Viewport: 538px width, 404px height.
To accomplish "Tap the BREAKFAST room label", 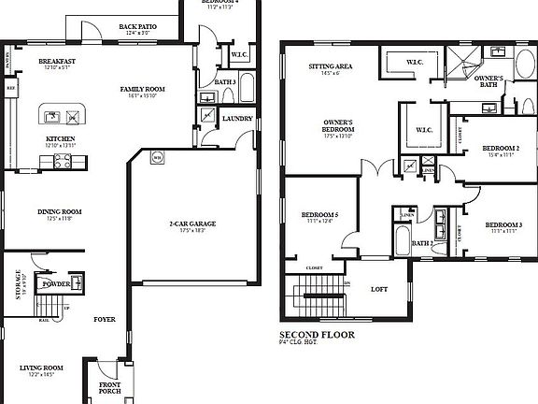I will coord(57,61).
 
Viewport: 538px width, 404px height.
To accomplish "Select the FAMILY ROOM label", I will coord(143,89).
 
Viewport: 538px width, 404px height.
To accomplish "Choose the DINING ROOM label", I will coord(60,211).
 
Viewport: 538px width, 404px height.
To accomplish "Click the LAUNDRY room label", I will coord(237,118).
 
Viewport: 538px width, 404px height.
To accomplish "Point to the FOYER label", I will coord(105,319).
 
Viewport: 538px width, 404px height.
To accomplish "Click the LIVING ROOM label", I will coord(40,368).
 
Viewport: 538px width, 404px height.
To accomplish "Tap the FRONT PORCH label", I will coord(110,388).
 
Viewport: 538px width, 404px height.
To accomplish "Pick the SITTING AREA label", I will coord(331,67).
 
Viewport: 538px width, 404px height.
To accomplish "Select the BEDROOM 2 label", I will coord(502,149).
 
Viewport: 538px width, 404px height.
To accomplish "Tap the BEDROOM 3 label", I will coord(502,225).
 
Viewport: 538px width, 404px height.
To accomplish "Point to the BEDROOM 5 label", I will coord(319,215).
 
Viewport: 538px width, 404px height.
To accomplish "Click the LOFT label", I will coord(379,289).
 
